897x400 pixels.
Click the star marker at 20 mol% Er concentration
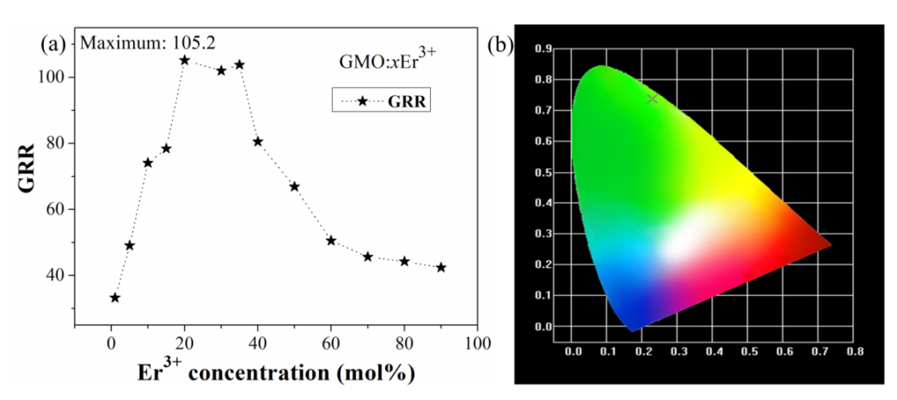pyautogui.click(x=185, y=60)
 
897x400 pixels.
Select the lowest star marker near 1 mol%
pyautogui.click(x=115, y=298)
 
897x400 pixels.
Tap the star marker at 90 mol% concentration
pyautogui.click(x=441, y=268)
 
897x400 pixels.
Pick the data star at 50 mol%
pyautogui.click(x=295, y=187)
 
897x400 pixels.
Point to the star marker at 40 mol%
pyautogui.click(x=258, y=141)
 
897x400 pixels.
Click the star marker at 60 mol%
pyautogui.click(x=331, y=241)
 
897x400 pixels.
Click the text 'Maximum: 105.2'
pyautogui.click(x=148, y=43)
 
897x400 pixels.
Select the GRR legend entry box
pyautogui.click(x=381, y=100)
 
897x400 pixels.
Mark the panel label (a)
pyautogui.click(x=53, y=45)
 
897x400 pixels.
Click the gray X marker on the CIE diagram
pyautogui.click(x=652, y=99)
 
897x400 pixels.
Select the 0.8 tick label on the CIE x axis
pyautogui.click(x=855, y=352)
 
